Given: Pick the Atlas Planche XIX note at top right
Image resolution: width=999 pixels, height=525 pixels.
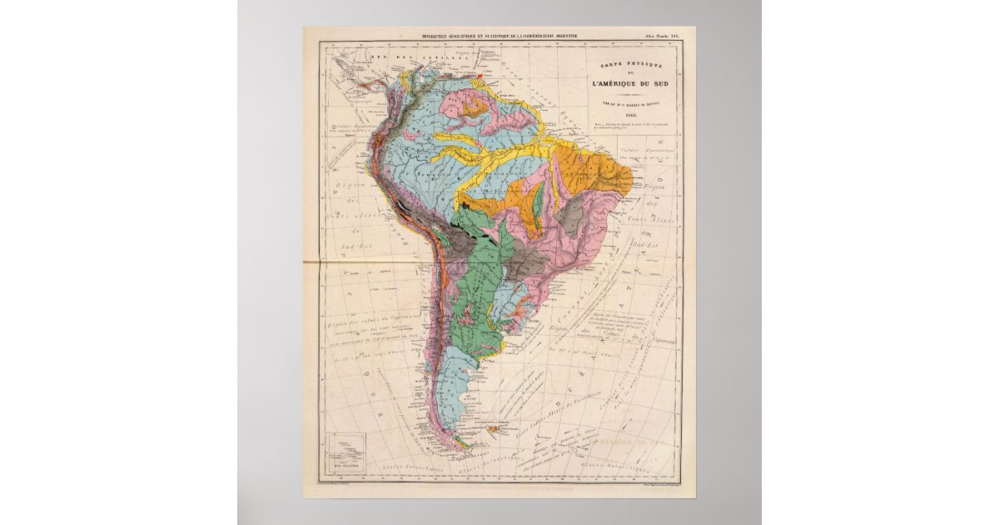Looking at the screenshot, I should (x=661, y=37).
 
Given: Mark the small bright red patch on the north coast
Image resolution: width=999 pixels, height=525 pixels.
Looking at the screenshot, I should (x=480, y=76).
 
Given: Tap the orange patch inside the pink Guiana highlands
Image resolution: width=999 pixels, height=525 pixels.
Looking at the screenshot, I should (x=477, y=104).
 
